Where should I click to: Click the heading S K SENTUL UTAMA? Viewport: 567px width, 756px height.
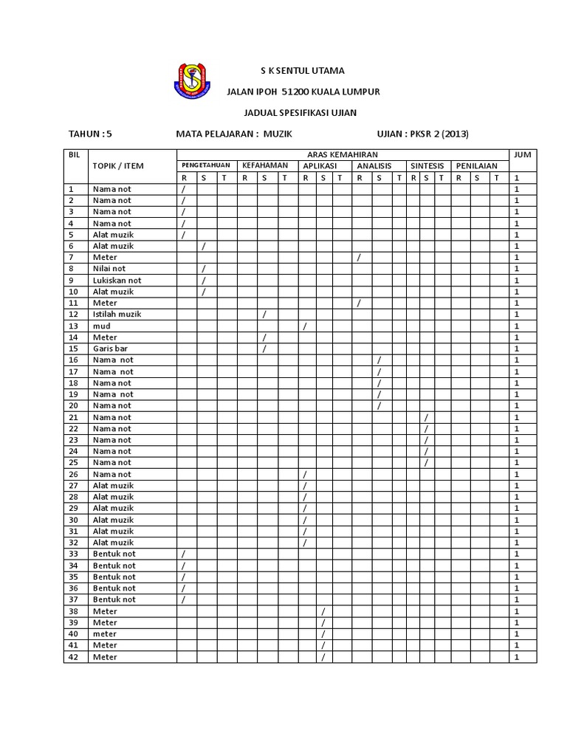tap(302, 71)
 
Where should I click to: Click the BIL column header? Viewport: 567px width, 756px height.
tap(73, 154)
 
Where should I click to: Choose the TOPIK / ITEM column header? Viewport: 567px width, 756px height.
tap(118, 166)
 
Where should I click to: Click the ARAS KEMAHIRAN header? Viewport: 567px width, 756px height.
tap(343, 154)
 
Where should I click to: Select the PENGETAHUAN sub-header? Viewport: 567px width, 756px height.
tap(206, 166)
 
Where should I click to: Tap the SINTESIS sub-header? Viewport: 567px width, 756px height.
tap(427, 166)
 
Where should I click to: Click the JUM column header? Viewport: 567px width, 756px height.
tap(523, 154)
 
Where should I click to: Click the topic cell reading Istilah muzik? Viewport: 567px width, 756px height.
tap(117, 315)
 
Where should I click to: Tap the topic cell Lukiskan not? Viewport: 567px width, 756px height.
tap(117, 281)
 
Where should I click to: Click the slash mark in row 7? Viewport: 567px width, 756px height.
tap(359, 258)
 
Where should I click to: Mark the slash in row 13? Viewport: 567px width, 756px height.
tap(305, 326)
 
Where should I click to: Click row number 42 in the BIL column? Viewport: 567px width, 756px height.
tap(73, 657)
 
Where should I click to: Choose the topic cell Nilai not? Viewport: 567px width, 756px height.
tap(109, 269)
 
